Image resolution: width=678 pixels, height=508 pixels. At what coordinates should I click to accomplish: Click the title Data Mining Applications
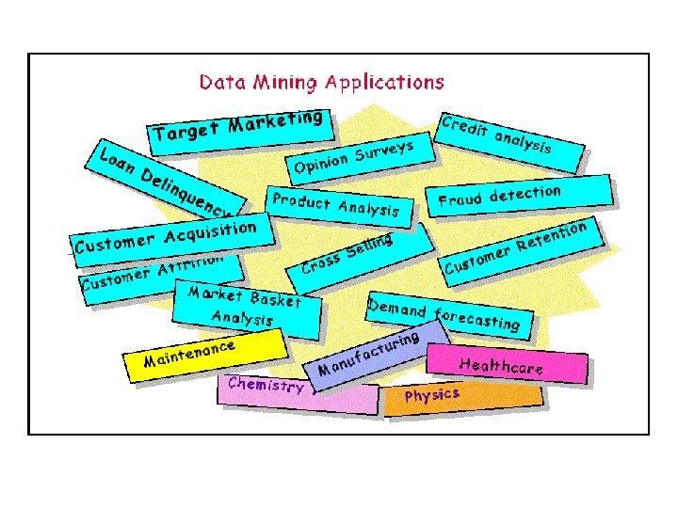(x=321, y=82)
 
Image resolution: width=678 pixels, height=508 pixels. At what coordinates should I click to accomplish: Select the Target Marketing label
(x=239, y=126)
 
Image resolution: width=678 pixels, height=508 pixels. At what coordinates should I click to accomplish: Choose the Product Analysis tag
(x=335, y=204)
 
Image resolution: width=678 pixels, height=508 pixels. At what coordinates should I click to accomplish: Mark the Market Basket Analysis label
(x=245, y=306)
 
